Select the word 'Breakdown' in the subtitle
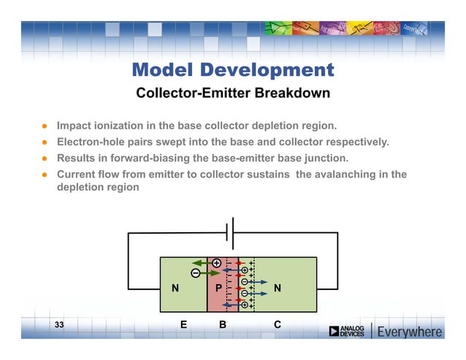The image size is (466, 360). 291,93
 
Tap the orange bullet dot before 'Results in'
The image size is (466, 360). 45,158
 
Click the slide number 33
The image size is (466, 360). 59,323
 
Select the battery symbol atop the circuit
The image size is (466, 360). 229,233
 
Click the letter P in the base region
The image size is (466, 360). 218,288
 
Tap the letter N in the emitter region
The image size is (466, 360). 175,288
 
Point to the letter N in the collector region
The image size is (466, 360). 277,288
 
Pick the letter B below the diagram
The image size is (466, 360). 222,324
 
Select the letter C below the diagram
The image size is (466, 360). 278,324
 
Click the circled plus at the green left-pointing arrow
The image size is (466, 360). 216,263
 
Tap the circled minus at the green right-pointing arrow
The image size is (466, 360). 196,273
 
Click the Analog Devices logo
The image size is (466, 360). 346,332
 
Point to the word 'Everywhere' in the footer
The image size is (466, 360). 410,332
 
